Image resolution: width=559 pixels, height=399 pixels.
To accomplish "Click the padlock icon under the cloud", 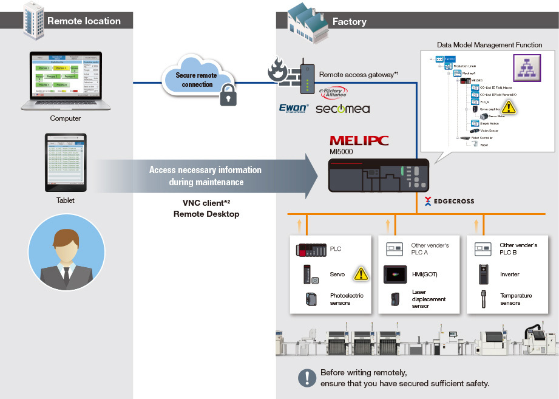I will [228, 96].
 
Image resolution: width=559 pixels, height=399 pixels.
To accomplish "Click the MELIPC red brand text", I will [358, 141].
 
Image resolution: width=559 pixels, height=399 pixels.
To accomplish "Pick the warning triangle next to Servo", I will [361, 274].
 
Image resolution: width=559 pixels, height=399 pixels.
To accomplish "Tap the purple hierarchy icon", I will [526, 67].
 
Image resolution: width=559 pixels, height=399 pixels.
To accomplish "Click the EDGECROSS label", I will [450, 200].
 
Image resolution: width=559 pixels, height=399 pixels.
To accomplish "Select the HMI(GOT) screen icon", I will [395, 274].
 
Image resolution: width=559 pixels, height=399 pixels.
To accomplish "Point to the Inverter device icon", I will [484, 275].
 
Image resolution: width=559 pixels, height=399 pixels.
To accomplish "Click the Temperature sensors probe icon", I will [484, 299].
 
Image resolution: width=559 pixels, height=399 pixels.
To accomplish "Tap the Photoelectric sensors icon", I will [311, 299].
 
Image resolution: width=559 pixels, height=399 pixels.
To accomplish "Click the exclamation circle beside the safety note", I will [305, 377].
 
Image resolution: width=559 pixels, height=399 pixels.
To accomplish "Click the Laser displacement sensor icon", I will [396, 299].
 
